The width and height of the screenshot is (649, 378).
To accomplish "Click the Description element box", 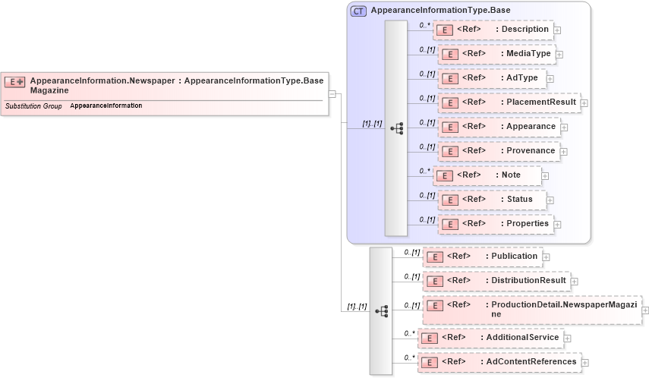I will pyautogui.click(x=493, y=30).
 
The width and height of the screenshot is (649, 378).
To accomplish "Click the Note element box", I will pyautogui.click(x=487, y=175).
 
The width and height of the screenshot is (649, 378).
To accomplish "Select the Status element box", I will pyautogui.click(x=491, y=200).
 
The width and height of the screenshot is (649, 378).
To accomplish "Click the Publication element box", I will pyautogui.click(x=483, y=257).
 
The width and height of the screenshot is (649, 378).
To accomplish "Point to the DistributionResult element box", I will pyautogui.click(x=496, y=281).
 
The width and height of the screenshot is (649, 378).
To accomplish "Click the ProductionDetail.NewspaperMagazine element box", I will pyautogui.click(x=531, y=310).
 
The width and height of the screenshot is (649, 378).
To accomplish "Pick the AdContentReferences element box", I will pyautogui.click(x=499, y=362).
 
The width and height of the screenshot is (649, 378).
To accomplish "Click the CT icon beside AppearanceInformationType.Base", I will pyautogui.click(x=358, y=11).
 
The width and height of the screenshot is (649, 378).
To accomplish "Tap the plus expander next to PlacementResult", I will pyautogui.click(x=584, y=103).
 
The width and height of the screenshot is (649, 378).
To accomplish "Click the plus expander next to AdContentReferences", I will pyautogui.click(x=584, y=363).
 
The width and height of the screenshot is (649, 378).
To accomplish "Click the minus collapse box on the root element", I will pyautogui.click(x=332, y=94).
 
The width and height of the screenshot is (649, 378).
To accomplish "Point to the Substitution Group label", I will pyautogui.click(x=33, y=106).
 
